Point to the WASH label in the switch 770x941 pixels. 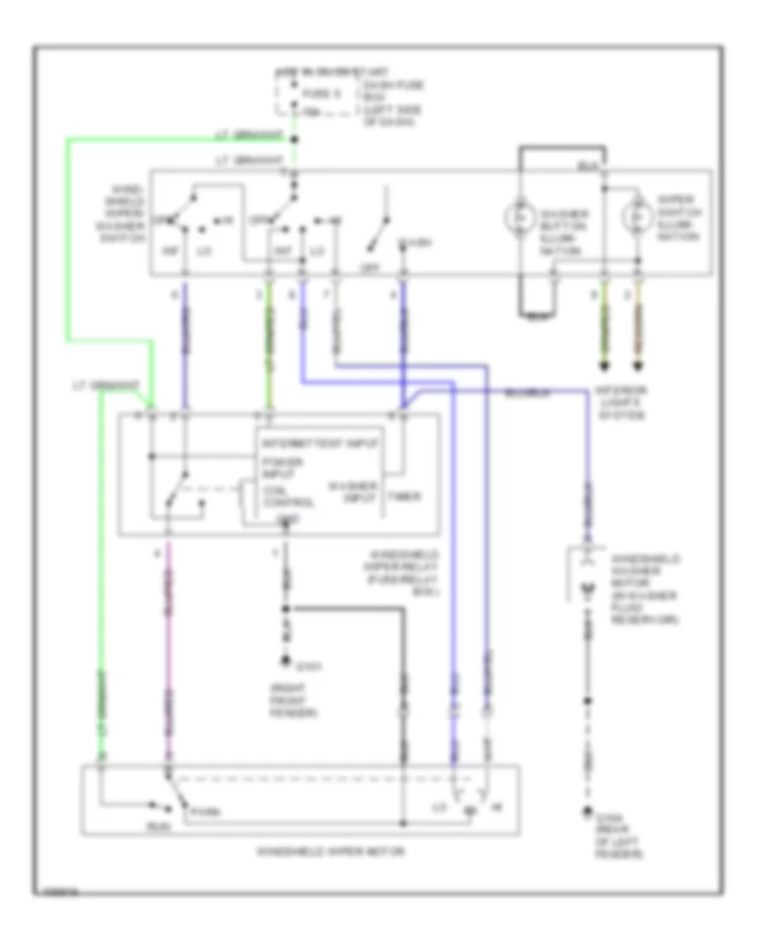click(x=414, y=246)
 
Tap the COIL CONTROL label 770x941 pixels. click(x=278, y=497)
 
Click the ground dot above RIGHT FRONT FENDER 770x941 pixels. click(x=286, y=660)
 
